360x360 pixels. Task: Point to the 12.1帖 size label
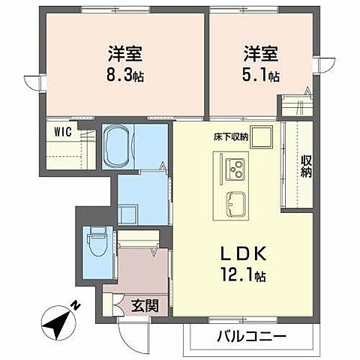click(241, 275)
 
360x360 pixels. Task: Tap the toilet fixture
click(95, 242)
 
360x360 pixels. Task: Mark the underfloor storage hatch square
click(261, 138)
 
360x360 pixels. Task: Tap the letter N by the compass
click(75, 305)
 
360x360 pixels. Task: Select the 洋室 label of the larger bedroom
click(126, 54)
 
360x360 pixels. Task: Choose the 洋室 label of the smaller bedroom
click(261, 54)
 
